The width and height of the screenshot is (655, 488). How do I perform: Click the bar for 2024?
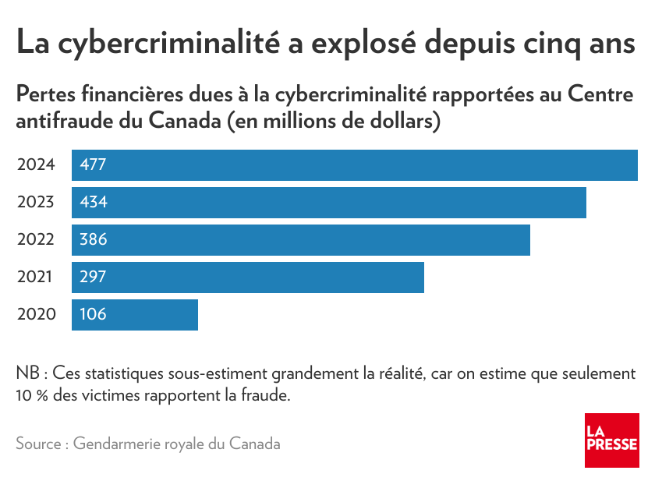(355, 165)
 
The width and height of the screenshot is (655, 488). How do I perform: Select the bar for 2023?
(328, 203)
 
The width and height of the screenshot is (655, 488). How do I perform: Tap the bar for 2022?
(300, 240)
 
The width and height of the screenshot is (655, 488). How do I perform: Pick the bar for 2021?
(247, 278)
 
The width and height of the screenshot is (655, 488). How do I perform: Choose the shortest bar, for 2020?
(134, 315)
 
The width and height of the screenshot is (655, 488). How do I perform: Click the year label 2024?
(36, 165)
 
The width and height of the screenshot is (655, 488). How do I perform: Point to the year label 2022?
(36, 240)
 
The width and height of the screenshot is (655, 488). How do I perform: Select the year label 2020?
(36, 315)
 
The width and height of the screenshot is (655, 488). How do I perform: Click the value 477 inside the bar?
(93, 165)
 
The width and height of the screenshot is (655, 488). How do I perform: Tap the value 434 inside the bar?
(93, 203)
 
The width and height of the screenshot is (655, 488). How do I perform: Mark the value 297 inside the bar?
(93, 278)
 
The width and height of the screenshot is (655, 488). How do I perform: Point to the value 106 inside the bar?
(93, 315)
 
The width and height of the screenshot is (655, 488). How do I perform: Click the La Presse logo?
(611, 440)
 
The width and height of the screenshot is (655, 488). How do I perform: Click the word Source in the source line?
(38, 444)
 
